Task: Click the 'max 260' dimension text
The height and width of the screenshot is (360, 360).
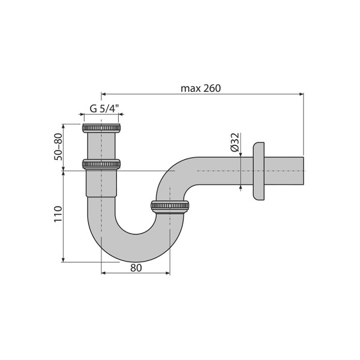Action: [201, 88]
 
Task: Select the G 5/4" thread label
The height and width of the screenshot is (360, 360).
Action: [104, 109]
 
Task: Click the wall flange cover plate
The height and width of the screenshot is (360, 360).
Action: [259, 171]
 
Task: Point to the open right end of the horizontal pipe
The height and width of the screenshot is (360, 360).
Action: [306, 171]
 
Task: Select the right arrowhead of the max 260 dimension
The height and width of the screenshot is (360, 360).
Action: [302, 94]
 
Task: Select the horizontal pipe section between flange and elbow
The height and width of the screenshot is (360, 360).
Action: [222, 171]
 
